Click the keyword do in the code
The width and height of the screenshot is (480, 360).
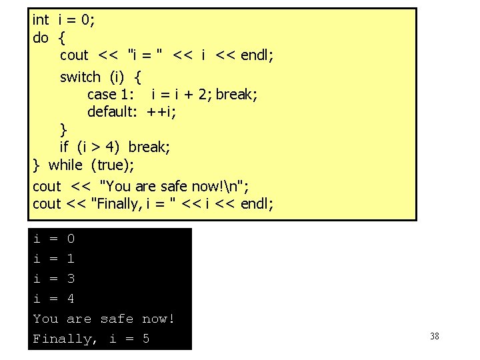(40, 37)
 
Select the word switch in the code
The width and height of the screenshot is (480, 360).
(80, 77)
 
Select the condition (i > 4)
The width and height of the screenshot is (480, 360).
(99, 147)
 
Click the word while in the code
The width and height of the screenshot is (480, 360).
(66, 165)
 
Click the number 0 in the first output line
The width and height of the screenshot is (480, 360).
(71, 239)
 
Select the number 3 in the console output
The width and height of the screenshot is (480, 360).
(71, 279)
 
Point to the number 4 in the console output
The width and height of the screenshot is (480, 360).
(71, 299)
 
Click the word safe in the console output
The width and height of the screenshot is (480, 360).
(117, 319)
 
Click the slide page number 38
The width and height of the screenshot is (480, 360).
(435, 336)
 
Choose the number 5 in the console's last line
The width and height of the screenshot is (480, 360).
(146, 339)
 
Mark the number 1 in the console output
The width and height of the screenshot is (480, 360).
(71, 259)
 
